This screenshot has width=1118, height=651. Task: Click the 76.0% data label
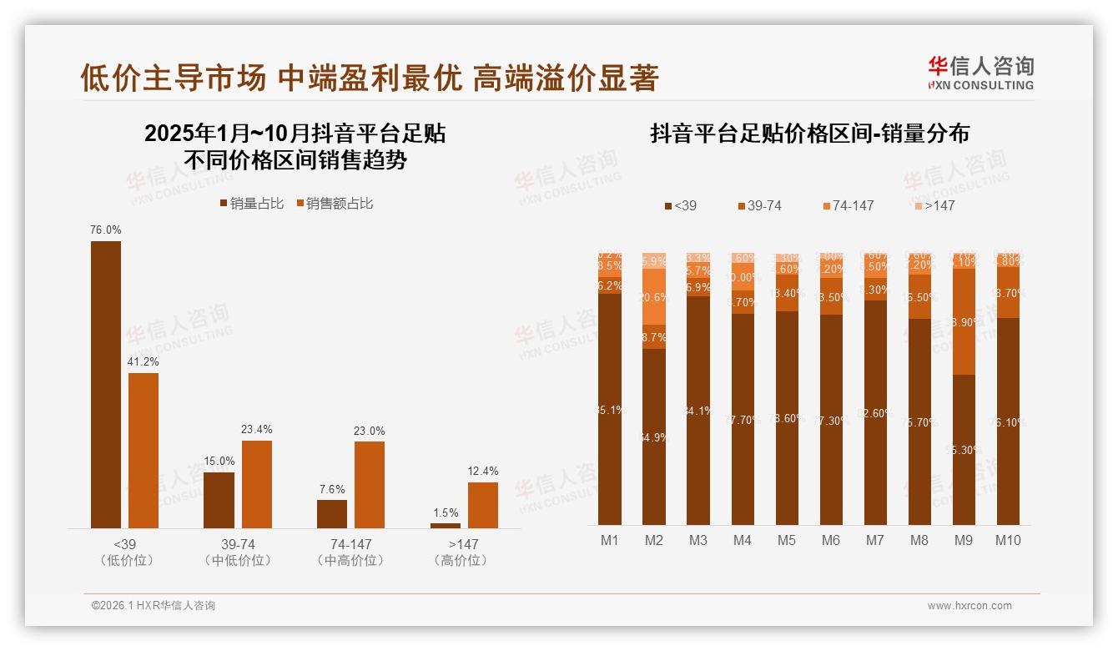pyautogui.click(x=106, y=230)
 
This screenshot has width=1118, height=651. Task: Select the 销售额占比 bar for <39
pyautogui.click(x=144, y=450)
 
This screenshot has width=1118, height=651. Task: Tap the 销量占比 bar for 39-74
pyautogui.click(x=219, y=500)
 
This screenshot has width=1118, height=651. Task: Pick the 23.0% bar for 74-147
pyautogui.click(x=370, y=484)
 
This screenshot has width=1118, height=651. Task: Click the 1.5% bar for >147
pyautogui.click(x=446, y=525)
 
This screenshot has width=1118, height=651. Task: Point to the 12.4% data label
pyautogui.click(x=483, y=471)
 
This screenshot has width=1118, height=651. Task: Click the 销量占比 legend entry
pyautogui.click(x=251, y=204)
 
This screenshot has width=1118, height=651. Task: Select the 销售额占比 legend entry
pyautogui.click(x=334, y=204)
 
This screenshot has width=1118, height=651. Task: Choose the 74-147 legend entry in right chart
pyautogui.click(x=848, y=205)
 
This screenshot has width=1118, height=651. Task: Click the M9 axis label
pyautogui.click(x=963, y=540)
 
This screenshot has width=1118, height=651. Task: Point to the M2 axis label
pyautogui.click(x=654, y=540)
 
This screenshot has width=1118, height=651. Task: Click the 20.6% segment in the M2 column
pyautogui.click(x=654, y=296)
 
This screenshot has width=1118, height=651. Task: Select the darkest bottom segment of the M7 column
pyautogui.click(x=874, y=412)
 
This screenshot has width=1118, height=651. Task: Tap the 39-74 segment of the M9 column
pyautogui.click(x=963, y=321)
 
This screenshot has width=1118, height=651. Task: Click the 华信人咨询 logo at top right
pyautogui.click(x=980, y=73)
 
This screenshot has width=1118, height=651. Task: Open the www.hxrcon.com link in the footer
pyautogui.click(x=969, y=606)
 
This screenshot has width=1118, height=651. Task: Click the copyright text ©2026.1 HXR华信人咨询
pyautogui.click(x=154, y=606)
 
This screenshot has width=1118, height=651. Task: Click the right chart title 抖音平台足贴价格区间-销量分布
pyautogui.click(x=809, y=134)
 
